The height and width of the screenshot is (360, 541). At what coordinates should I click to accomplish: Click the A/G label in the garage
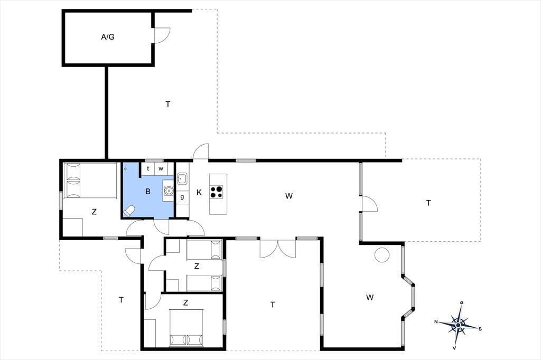point(108,37)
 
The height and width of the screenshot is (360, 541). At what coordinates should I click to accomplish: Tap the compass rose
point(458,325)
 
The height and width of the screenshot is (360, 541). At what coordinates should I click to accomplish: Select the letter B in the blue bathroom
point(148,192)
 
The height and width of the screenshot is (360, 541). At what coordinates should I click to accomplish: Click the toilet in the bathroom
point(129,211)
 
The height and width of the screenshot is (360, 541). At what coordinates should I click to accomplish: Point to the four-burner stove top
point(217,192)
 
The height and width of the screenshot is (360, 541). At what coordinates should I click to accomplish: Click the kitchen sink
point(182,178)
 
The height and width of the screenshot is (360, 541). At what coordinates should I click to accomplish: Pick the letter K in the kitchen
point(199,193)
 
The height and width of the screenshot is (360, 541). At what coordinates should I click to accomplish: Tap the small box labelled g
point(182,197)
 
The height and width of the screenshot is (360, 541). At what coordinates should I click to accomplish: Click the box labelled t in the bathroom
point(148,168)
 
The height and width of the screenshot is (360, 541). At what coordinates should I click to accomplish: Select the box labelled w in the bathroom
point(161,168)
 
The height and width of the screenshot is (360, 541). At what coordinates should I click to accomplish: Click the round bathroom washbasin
point(169,190)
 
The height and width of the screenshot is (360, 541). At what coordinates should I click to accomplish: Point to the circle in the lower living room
point(382,255)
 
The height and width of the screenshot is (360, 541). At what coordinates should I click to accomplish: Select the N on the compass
point(436,321)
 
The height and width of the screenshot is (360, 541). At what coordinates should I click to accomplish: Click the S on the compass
point(480,329)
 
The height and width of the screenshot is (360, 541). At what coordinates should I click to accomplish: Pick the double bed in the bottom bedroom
point(185,328)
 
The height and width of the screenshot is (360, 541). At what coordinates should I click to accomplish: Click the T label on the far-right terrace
point(428,203)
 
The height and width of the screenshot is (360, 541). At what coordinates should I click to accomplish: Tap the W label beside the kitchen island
point(289,196)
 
